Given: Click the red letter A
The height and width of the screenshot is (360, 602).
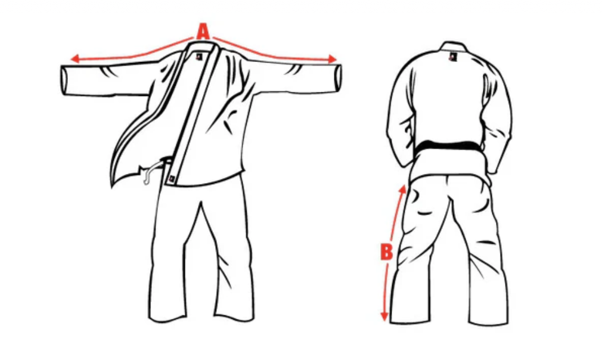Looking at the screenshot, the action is tap(203, 32).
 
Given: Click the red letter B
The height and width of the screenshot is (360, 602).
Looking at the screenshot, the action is tap(386, 253).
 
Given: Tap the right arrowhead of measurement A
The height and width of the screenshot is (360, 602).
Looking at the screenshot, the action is tap(332, 59).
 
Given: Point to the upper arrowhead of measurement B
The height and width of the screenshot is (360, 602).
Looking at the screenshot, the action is tap(403, 188).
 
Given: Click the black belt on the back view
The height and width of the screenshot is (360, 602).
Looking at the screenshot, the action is tap(449, 148).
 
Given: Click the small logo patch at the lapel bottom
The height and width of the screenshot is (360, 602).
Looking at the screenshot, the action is tap(172, 178).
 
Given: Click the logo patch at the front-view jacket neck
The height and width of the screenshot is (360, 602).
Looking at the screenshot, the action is tap(199, 57).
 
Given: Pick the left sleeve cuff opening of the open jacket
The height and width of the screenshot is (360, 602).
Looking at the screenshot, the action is tap(64, 81).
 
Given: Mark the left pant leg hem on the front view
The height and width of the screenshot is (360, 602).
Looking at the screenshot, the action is tap(168, 318).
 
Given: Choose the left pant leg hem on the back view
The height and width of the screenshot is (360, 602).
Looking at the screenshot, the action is tap(409, 321).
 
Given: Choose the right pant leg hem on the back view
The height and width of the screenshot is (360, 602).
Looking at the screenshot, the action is tap(489, 322).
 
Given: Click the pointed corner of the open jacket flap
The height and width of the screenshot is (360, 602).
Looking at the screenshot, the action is tap(113, 186).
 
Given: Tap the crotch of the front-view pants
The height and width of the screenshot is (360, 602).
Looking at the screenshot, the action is tap(200, 203).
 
